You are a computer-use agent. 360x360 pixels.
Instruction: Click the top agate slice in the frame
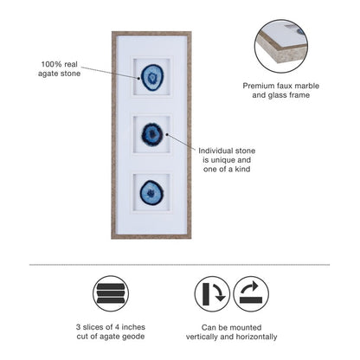[152, 77]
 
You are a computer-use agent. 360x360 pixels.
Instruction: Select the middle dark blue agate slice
[152, 134]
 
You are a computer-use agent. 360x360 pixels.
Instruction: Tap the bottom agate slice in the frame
[151, 192]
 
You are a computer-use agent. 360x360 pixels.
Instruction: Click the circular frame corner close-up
[281, 46]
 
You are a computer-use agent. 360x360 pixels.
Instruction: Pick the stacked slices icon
[111, 293]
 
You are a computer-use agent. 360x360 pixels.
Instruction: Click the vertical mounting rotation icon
[212, 294]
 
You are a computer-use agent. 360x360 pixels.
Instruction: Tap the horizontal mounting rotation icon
[251, 294]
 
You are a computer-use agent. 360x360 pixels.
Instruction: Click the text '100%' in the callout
[51, 64]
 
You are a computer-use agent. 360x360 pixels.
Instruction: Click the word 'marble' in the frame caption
[307, 86]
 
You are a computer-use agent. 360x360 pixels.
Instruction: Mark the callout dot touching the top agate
[138, 78]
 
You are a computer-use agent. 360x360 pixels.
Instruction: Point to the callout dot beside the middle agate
[167, 134]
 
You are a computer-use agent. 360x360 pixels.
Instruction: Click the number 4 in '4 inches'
[117, 327]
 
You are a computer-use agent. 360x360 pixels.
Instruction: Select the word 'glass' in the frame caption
[277, 95]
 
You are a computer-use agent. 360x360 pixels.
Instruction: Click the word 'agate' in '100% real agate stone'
[48, 74]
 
